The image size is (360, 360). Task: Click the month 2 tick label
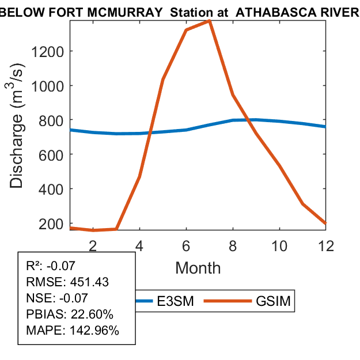(93, 245)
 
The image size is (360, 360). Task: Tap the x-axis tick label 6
(186, 245)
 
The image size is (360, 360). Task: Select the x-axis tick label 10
(279, 245)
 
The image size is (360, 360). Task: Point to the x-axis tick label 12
(326, 245)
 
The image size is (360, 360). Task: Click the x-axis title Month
(198, 267)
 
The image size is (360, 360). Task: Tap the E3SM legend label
(175, 301)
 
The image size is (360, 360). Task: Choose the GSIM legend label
(272, 301)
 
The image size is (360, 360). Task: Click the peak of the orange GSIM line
(209, 21)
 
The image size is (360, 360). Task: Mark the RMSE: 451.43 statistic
(67, 282)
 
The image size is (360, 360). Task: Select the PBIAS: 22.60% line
(70, 314)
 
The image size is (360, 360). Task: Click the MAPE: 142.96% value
(73, 331)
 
